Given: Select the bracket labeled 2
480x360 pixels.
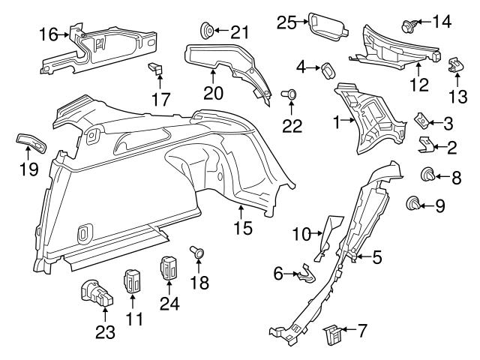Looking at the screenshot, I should [424, 143].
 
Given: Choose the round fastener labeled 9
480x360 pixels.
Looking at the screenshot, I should [413, 202].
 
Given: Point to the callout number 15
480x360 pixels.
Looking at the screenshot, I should [240, 226].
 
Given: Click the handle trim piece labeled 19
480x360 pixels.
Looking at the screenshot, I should [30, 142].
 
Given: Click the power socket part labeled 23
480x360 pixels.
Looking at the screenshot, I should [93, 292].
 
